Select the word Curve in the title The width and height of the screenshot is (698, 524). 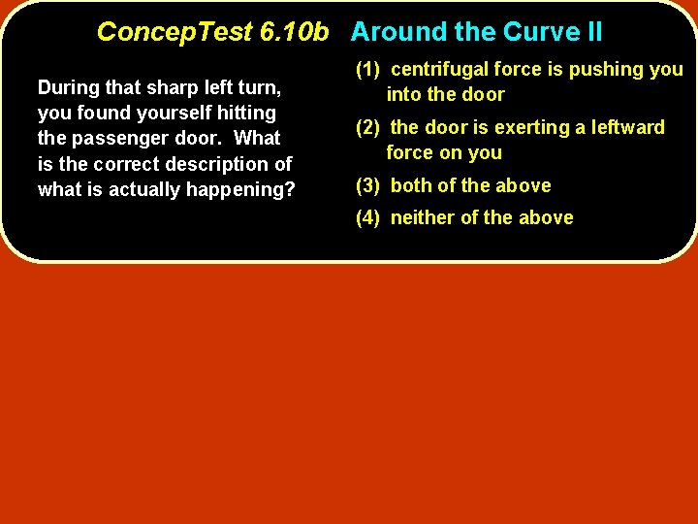539,32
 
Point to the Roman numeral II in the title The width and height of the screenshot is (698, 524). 592,32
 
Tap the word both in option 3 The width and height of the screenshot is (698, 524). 410,185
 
